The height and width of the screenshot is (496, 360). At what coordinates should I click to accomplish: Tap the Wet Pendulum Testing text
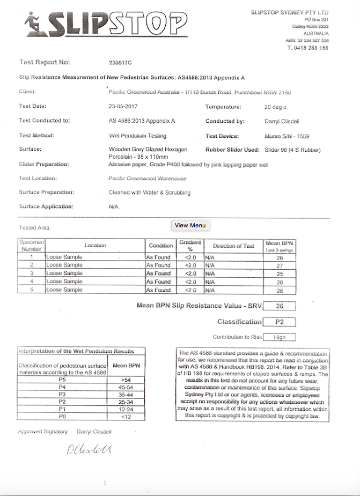click(x=137, y=136)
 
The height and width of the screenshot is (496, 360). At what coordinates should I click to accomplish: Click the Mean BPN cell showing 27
click(x=280, y=265)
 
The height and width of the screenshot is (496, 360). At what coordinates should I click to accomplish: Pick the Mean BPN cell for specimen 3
click(x=280, y=273)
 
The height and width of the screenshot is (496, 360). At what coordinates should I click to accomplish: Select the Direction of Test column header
click(x=233, y=246)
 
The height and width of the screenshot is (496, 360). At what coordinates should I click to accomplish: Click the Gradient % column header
click(x=190, y=246)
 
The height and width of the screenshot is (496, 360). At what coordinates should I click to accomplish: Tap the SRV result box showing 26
click(x=280, y=306)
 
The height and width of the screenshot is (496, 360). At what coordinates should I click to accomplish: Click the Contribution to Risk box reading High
click(x=280, y=337)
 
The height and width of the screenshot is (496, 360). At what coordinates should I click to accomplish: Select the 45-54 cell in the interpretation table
click(x=127, y=387)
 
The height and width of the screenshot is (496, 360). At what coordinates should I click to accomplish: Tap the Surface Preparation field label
click(x=47, y=192)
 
